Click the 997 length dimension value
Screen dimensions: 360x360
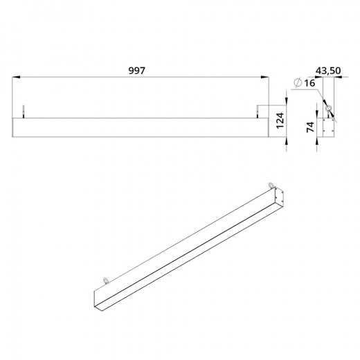137,71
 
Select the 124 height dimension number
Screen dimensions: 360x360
280,120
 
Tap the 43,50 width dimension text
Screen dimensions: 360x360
328,71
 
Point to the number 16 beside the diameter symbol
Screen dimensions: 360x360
309,83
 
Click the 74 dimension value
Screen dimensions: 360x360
311,127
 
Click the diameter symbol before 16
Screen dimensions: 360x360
298,82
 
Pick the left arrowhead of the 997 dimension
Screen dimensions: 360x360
16,77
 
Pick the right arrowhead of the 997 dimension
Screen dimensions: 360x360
265,77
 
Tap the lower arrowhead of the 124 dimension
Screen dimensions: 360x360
287,141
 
